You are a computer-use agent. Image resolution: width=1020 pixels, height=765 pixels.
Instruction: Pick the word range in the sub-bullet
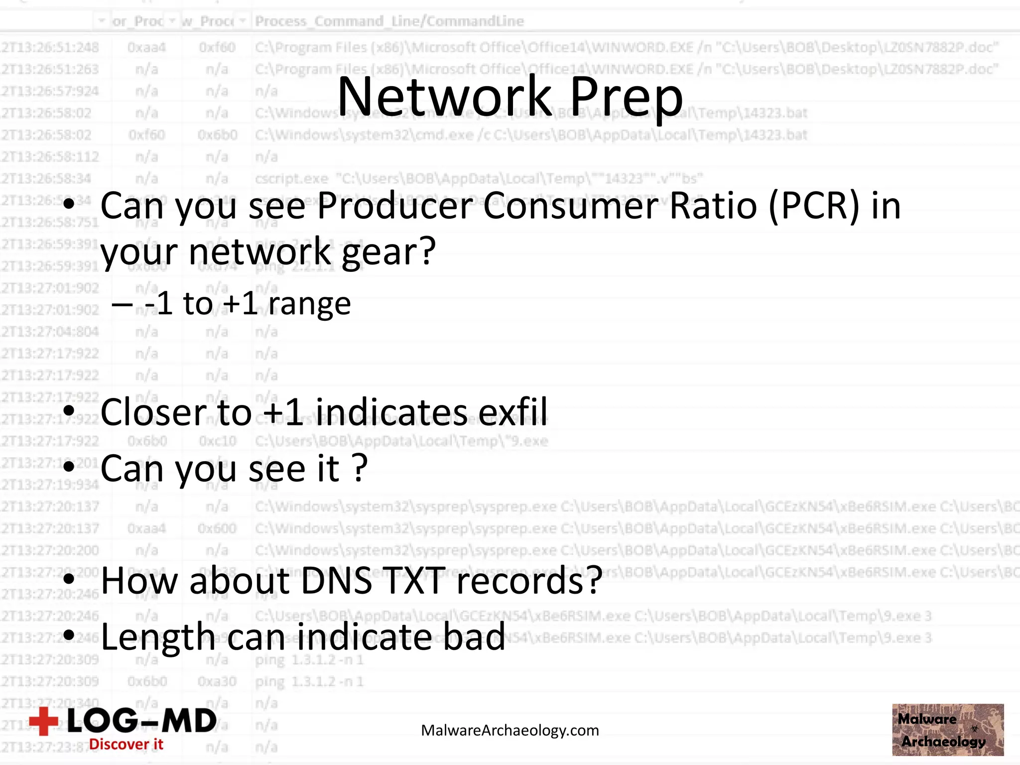309,304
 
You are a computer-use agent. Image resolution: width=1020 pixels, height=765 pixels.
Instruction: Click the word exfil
512,412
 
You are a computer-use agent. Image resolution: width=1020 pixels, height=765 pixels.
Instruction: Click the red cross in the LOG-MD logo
44,721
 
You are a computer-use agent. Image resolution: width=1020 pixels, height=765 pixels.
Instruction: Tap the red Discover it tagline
126,745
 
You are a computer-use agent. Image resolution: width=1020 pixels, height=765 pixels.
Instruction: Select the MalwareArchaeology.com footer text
510,731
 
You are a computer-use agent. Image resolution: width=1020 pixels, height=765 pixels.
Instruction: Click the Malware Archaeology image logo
948,730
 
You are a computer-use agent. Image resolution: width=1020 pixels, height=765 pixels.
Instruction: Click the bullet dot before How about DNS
69,579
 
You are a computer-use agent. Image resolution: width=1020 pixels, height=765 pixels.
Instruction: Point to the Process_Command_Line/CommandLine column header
389,21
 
